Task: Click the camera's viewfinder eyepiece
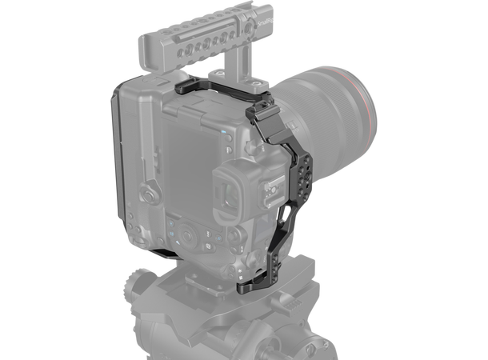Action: pos(240,181)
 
